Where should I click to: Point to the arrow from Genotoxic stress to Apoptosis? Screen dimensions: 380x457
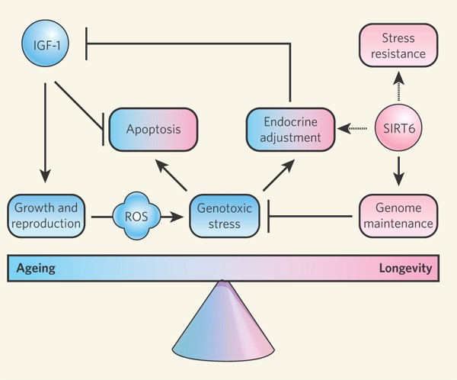pyautogui.click(x=174, y=172)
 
